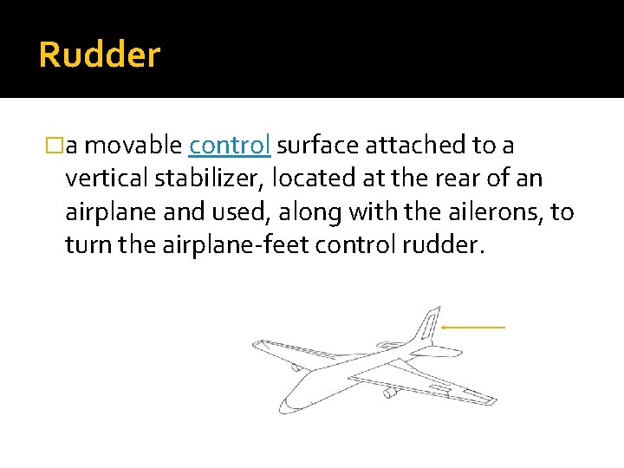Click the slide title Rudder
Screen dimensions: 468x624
tap(100, 55)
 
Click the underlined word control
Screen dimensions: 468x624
tap(230, 146)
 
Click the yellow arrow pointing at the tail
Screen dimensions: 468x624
tap(473, 328)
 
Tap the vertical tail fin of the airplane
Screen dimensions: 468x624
tap(428, 326)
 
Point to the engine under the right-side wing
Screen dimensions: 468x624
tap(390, 393)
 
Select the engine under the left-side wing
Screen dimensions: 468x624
tap(297, 367)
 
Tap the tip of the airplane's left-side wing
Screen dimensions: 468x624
tap(256, 344)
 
